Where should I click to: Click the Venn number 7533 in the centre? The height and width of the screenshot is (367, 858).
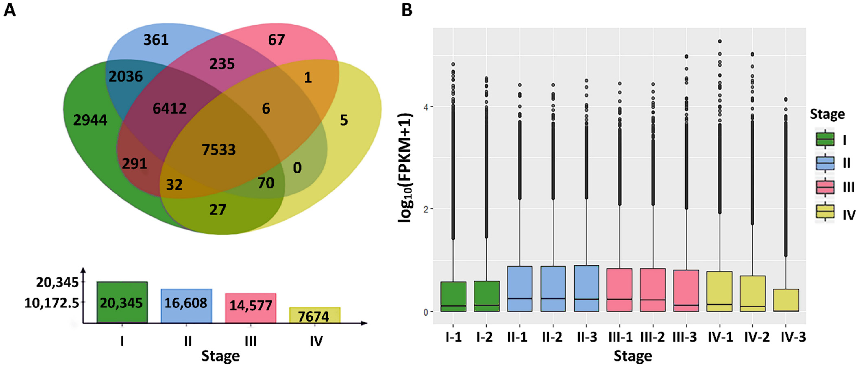click(219, 150)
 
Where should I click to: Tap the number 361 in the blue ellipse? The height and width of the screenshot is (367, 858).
click(156, 40)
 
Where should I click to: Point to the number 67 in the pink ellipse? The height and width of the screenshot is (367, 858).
click(276, 40)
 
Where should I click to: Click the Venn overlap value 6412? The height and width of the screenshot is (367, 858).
click(170, 108)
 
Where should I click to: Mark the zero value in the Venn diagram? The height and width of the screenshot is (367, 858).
click(297, 168)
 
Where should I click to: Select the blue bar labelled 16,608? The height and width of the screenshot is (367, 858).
click(186, 306)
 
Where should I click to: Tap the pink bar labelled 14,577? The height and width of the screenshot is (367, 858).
click(251, 308)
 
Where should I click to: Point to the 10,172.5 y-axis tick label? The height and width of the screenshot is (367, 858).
click(52, 303)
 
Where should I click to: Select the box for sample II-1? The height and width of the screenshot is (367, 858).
click(520, 289)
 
